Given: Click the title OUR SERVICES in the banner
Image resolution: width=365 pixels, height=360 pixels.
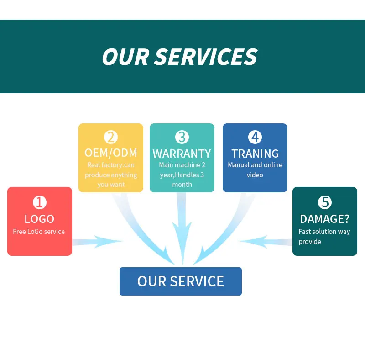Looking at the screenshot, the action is click(x=180, y=57).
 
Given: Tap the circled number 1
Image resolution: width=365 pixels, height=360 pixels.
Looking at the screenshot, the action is click(x=40, y=202).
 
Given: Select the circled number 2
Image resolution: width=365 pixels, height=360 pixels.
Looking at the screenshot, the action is click(x=111, y=137).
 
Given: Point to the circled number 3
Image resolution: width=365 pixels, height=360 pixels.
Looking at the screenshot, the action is click(x=182, y=137).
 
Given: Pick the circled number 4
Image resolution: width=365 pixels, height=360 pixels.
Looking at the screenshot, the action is click(x=255, y=137).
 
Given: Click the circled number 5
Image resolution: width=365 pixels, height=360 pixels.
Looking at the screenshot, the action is click(x=325, y=202).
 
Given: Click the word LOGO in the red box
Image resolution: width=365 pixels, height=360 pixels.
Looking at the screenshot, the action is click(x=40, y=219).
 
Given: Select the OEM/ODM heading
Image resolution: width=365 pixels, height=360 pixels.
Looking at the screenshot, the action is click(x=111, y=153).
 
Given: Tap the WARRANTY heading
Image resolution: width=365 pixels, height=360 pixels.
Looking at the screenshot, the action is click(x=182, y=154).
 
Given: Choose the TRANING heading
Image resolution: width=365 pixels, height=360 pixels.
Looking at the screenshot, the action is click(x=255, y=154).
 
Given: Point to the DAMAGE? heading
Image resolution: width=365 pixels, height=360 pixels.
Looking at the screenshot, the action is click(x=325, y=219).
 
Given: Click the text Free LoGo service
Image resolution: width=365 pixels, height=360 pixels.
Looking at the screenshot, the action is click(x=39, y=232).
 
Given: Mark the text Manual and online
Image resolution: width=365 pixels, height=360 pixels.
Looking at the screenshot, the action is click(x=255, y=165).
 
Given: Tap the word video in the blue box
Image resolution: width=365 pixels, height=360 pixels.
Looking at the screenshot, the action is click(x=255, y=175).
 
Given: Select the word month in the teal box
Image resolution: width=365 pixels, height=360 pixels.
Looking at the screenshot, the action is click(x=182, y=185).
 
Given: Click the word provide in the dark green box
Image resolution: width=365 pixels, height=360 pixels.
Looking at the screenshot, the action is click(x=310, y=242).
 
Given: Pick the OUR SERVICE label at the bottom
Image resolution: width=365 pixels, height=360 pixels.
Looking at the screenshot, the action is click(x=181, y=281).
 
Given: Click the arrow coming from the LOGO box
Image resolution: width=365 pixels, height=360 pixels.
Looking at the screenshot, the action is click(x=97, y=242).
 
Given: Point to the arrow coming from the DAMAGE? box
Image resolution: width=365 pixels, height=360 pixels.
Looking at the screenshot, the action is click(x=266, y=242).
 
